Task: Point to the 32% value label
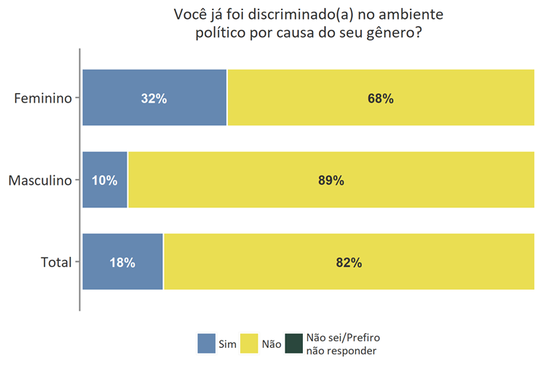point(154,98)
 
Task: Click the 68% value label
point(381,98)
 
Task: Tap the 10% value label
point(105,180)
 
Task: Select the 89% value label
point(331,180)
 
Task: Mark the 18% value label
point(122,263)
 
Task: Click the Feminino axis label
point(44,98)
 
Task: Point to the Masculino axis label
point(40,180)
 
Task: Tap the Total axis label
point(56,263)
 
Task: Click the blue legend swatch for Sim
point(206,343)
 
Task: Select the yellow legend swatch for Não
point(249,343)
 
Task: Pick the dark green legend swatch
point(294,343)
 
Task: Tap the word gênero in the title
point(390,33)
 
